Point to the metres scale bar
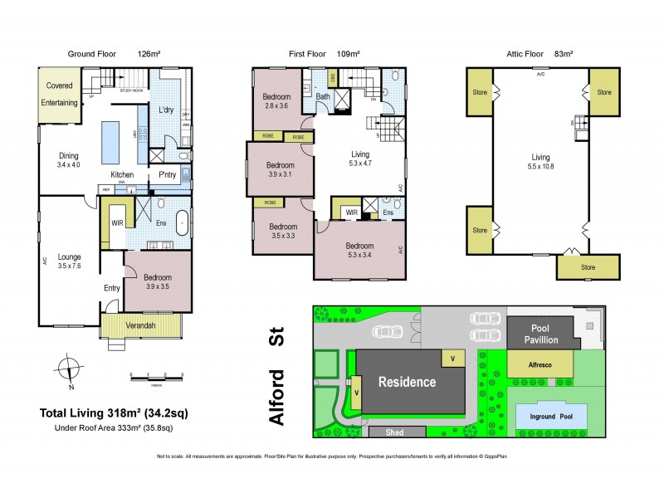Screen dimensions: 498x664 click(x=156, y=378)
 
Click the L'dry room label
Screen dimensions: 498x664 click(x=165, y=110)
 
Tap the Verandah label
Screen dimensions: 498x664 click(x=140, y=325)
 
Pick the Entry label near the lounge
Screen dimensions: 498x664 click(x=112, y=288)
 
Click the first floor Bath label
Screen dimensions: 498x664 click(x=324, y=97)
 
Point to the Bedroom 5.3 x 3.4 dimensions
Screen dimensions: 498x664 click(x=359, y=255)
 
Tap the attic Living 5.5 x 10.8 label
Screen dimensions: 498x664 click(x=540, y=161)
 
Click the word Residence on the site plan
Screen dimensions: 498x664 click(x=408, y=382)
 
